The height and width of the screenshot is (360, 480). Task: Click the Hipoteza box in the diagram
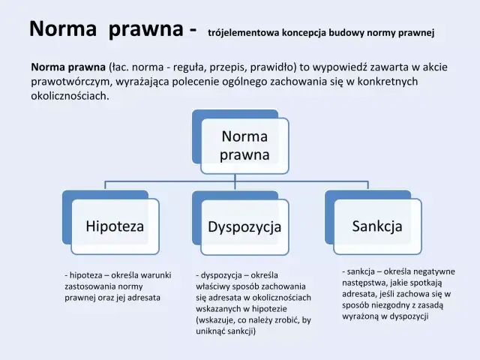pyautogui.click(x=115, y=225)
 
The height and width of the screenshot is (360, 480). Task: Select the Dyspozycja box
pyautogui.click(x=244, y=226)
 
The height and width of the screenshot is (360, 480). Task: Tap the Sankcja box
pyautogui.click(x=377, y=225)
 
